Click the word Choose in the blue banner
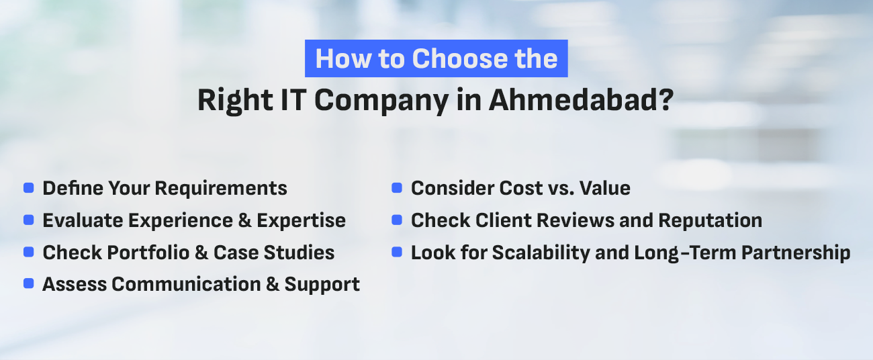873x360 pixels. pos(460,59)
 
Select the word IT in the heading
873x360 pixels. pos(293,100)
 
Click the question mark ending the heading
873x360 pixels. pos(666,100)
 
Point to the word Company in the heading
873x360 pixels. pos(381,102)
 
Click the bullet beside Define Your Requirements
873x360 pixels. pos(28,188)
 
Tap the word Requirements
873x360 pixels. pos(221,189)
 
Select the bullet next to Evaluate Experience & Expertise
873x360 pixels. pos(28,220)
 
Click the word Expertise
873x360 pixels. pos(302,221)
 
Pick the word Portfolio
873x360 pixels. pos(148,253)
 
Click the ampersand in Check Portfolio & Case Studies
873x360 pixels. pos(201,253)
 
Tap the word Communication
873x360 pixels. pos(186,284)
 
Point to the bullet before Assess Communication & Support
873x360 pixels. pos(28,283)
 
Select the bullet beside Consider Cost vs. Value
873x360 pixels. pos(397,188)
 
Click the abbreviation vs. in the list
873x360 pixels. pos(561,189)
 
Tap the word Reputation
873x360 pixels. pos(710,221)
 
